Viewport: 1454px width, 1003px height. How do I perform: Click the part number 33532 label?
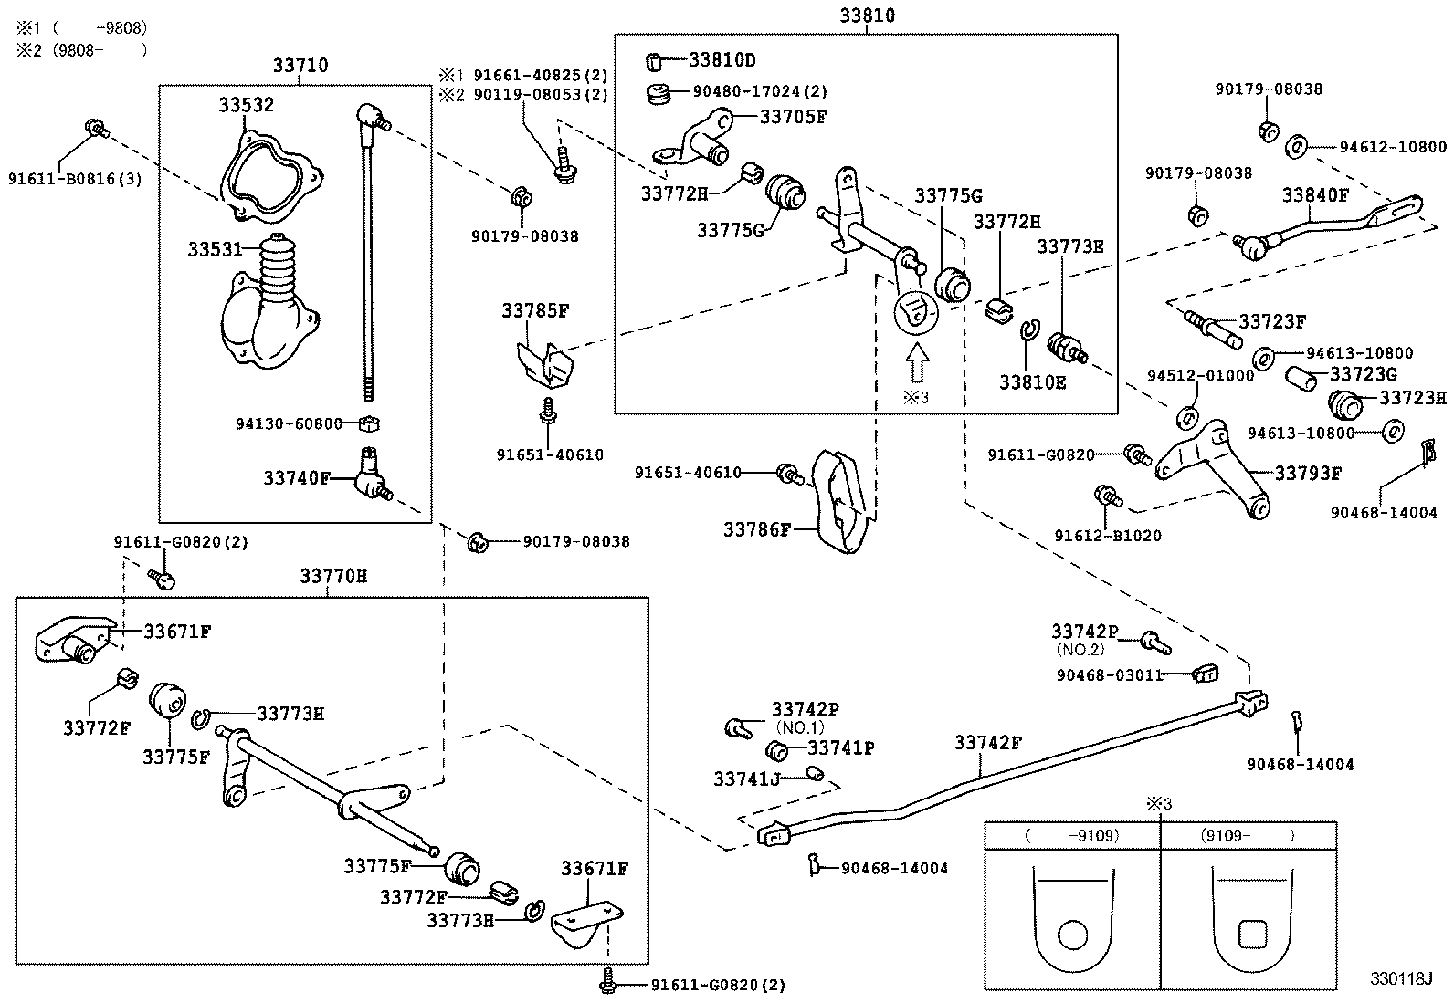point(246,105)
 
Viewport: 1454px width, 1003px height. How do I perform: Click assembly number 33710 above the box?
point(300,66)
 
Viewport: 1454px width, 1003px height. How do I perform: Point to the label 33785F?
point(534,310)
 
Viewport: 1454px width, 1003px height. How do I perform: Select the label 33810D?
point(722,61)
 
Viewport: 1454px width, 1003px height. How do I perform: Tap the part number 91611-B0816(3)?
point(75,179)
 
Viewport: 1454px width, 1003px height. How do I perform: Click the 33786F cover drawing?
point(840,502)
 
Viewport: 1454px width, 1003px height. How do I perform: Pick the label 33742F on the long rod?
point(988,743)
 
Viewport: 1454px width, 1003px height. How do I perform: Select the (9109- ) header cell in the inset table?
point(1248,835)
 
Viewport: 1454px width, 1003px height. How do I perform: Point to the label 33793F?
point(1308,473)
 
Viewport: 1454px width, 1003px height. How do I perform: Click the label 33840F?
point(1315,194)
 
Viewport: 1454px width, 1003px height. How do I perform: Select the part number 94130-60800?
point(289,423)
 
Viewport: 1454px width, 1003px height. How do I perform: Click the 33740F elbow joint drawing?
point(372,475)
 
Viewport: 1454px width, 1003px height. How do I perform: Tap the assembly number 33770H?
point(333,577)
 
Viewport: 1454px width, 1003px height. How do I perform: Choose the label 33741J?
point(746,778)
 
